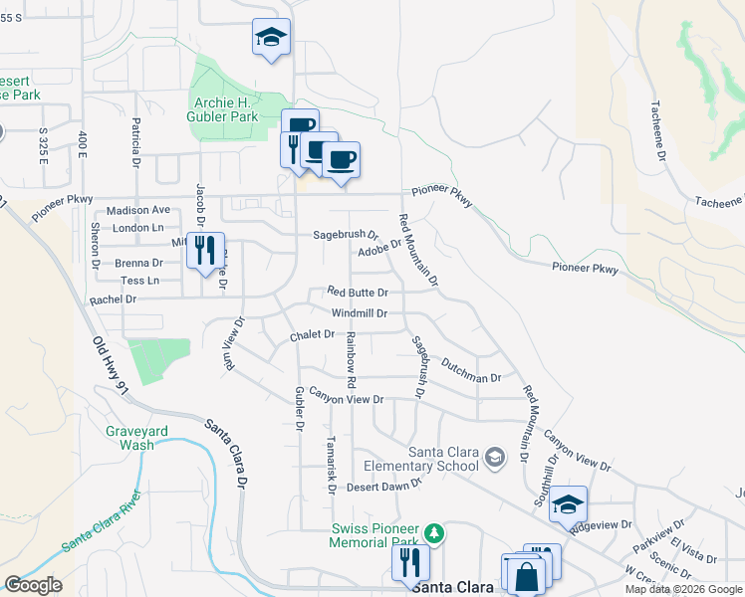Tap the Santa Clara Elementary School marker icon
coord(495,458)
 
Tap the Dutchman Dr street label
coord(470,371)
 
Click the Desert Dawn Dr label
coord(384,486)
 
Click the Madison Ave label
coord(138,210)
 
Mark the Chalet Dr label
coord(312,335)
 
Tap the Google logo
coord(33,585)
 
